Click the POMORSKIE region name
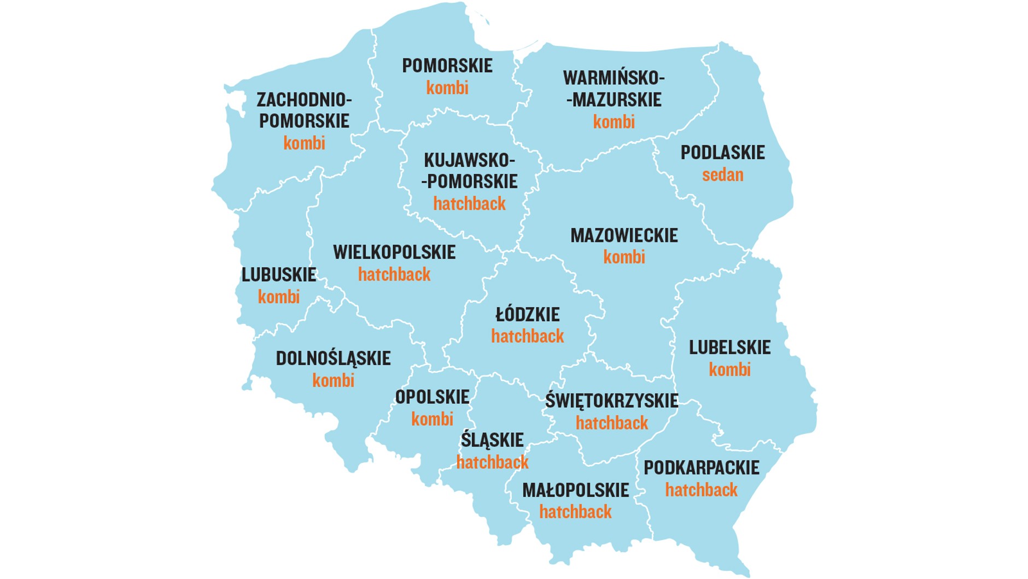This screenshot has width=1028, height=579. [447, 66]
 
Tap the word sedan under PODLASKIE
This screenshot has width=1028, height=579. [722, 175]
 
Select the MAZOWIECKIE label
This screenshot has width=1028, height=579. [624, 235]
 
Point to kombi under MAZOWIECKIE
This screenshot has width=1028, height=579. [624, 257]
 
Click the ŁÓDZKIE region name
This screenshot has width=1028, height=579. [528, 315]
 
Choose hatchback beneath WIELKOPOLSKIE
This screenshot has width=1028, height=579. [394, 275]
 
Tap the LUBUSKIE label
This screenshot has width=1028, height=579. [279, 275]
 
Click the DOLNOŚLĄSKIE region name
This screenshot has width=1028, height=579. [333, 358]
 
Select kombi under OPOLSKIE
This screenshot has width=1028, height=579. [432, 419]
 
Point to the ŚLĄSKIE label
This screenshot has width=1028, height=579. [492, 440]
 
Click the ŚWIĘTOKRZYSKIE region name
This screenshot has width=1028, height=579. [611, 401]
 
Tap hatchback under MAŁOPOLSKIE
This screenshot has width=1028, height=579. [575, 512]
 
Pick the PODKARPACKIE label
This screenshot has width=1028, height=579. [701, 468]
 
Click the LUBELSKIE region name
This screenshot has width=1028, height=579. [729, 348]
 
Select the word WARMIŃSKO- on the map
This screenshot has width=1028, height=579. [614, 78]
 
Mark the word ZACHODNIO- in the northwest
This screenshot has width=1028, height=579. [304, 100]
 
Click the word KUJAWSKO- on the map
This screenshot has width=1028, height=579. [469, 160]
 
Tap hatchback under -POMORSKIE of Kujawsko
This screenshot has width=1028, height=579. [469, 204]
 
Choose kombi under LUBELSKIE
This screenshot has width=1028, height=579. [729, 370]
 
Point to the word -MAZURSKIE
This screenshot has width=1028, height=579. [614, 100]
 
